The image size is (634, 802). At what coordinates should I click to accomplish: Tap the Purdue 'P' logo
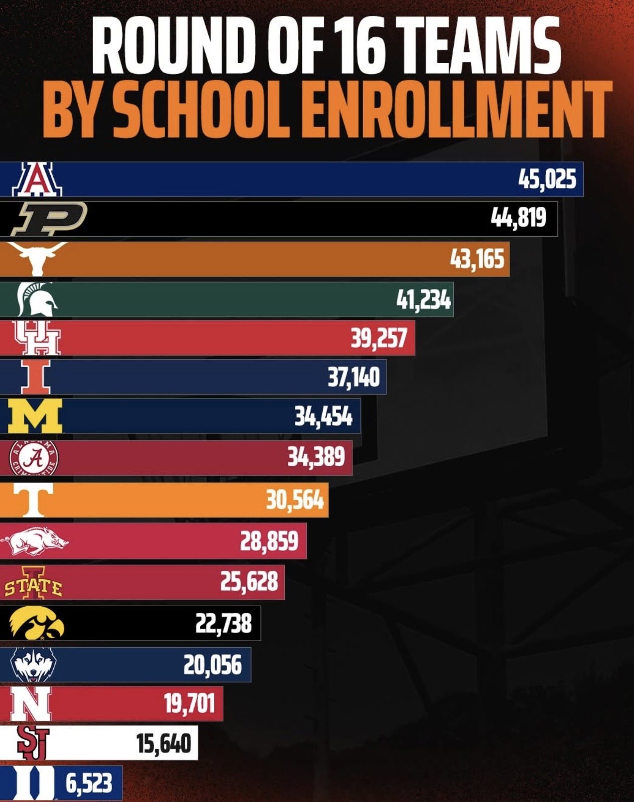[x=49, y=218]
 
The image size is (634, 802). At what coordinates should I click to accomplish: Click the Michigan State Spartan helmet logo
[x=36, y=299]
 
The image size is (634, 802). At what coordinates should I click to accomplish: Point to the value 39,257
[x=379, y=338]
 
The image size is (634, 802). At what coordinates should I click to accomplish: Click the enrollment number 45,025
[x=547, y=179]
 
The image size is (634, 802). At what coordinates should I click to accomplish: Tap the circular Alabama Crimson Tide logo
[x=34, y=457]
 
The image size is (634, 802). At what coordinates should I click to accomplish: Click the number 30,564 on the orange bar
[x=294, y=500]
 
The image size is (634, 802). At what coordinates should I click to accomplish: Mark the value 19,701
[x=189, y=703]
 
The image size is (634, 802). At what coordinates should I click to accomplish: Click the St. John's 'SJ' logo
[x=33, y=742]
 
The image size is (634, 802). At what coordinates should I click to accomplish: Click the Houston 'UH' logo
[x=36, y=338]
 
